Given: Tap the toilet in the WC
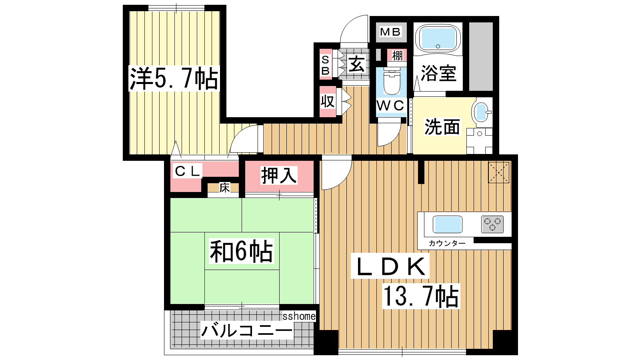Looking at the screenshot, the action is [392, 82].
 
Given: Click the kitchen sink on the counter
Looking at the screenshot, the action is [448, 224].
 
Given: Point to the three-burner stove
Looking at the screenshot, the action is [492, 224].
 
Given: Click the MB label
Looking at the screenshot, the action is [390, 32].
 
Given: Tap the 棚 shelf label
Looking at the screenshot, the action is [397, 56].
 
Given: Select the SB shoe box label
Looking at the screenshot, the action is [326, 65].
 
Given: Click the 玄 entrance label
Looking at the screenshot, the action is [357, 64].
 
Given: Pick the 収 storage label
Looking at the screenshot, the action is [328, 101].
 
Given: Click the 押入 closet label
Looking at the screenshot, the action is [279, 175].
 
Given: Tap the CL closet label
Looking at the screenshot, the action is [187, 171].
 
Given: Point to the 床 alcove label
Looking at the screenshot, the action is [224, 188].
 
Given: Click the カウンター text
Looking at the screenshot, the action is [447, 243].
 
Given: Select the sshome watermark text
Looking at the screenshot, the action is [299, 316].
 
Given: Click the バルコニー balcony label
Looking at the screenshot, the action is [247, 330].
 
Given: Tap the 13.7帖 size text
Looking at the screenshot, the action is [421, 296].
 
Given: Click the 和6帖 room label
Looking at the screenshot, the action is [242, 252].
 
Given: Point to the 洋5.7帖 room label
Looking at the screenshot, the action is [174, 78].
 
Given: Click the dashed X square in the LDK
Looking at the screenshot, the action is [498, 172].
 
